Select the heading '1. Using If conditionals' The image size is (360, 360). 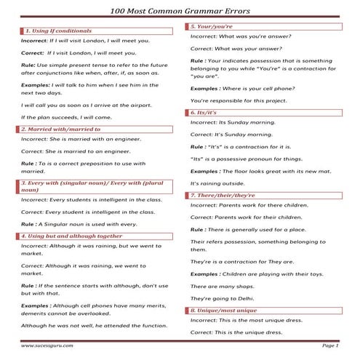pyautogui.click(x=59, y=32)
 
